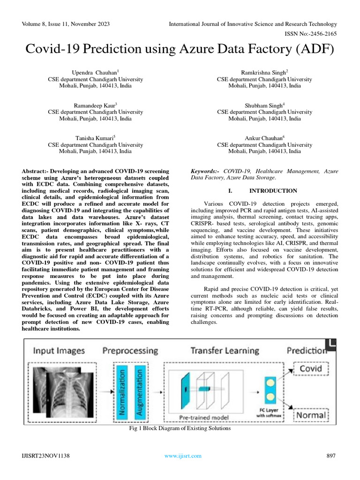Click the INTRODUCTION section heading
(x=273, y=191)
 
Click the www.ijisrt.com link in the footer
(x=182, y=456)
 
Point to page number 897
(x=331, y=456)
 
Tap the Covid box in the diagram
(x=310, y=368)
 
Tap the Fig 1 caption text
(x=180, y=428)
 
